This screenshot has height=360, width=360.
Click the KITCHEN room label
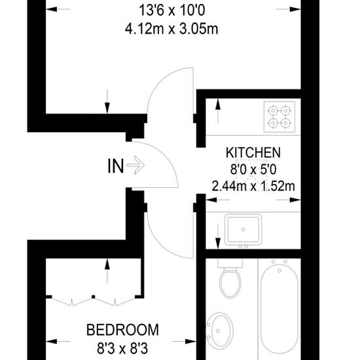click(253, 153)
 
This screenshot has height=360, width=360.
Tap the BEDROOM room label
click(122, 330)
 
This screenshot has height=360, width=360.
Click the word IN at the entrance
click(115, 166)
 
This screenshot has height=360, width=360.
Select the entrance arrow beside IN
click(135, 165)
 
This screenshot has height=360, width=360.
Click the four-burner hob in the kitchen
click(279, 117)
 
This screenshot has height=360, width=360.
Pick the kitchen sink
click(243, 230)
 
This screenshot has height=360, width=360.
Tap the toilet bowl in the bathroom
click(230, 284)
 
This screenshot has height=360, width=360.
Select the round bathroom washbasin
click(220, 331)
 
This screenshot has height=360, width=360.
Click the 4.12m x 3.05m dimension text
click(171, 29)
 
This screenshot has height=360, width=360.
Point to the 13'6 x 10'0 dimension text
click(171, 10)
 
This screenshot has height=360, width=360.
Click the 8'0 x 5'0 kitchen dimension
click(253, 170)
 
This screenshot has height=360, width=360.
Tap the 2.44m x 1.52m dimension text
click(253, 186)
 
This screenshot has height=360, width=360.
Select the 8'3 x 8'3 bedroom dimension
click(122, 348)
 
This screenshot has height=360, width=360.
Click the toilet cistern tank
click(230, 263)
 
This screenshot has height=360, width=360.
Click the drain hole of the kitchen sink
click(243, 229)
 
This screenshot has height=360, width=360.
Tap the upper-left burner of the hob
click(273, 111)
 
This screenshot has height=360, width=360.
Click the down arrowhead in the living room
click(107, 108)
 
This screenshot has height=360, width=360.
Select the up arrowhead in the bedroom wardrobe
click(107, 264)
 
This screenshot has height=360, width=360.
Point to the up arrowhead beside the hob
click(218, 105)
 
